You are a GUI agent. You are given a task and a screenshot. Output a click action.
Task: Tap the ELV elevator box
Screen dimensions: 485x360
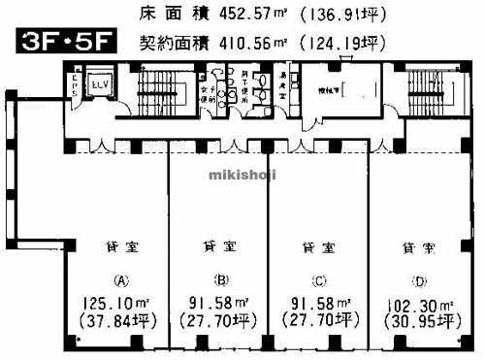[99, 83]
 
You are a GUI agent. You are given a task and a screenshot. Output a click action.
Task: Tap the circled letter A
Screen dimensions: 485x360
[122, 281]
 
